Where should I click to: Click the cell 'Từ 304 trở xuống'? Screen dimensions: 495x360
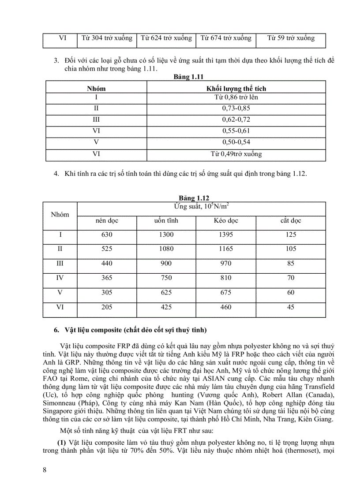point(107,38)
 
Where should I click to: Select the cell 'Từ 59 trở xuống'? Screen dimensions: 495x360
point(291,38)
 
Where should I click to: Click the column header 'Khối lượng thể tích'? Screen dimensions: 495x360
point(236,89)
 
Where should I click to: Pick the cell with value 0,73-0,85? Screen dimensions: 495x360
point(236,108)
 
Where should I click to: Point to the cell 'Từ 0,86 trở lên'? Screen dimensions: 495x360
point(236,97)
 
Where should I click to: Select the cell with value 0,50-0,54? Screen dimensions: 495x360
point(236,142)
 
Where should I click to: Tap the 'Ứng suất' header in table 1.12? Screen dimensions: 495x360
point(201,206)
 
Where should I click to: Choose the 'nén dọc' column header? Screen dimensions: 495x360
point(107,221)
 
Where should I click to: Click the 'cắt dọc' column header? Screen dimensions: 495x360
point(291,221)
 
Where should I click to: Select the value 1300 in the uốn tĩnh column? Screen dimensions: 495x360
point(166,235)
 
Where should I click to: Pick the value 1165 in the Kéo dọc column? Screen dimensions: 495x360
point(225,249)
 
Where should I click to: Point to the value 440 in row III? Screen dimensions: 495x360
point(107,264)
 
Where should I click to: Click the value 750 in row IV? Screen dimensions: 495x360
point(166,278)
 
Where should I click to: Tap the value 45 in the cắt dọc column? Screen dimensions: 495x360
point(291,307)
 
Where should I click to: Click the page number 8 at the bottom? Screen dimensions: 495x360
point(45,469)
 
